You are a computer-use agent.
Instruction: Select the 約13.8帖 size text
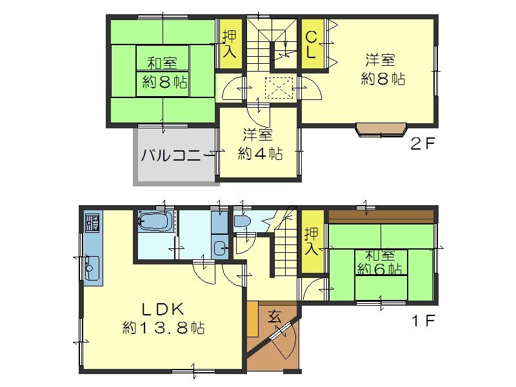(x=164, y=328)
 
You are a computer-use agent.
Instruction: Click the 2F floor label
(x=424, y=144)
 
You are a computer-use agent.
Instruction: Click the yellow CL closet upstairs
(x=311, y=45)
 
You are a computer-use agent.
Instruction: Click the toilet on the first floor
(x=243, y=221)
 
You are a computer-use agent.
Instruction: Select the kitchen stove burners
(x=90, y=223)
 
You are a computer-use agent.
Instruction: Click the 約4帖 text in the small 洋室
(x=260, y=154)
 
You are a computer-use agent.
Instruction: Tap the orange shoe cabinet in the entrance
(x=252, y=318)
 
